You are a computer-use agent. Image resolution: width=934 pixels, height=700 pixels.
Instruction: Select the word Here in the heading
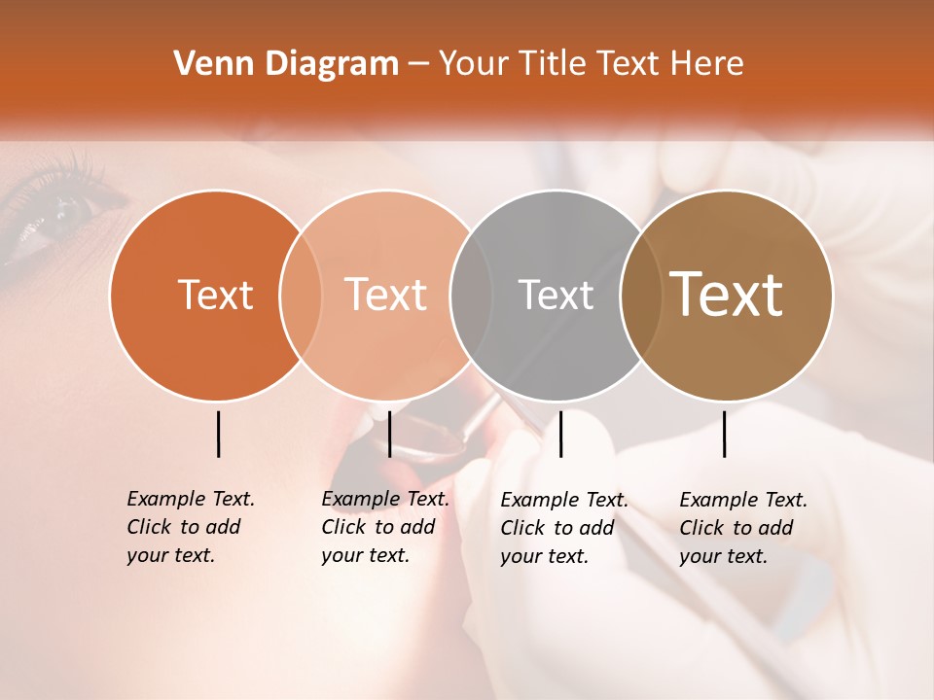(x=707, y=64)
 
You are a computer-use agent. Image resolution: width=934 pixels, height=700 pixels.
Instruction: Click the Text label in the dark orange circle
(x=215, y=295)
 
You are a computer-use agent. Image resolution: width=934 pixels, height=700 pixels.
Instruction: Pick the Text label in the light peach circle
(x=386, y=295)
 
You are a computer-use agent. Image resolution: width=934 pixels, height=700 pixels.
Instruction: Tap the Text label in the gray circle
(x=556, y=295)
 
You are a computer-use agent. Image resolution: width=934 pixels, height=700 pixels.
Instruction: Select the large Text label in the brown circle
(x=727, y=295)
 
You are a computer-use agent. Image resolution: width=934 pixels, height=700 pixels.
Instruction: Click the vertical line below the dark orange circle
(x=219, y=434)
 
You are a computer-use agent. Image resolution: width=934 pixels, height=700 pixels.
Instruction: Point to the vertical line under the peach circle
(x=389, y=434)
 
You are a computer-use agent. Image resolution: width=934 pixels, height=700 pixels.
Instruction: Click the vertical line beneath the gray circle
(x=561, y=434)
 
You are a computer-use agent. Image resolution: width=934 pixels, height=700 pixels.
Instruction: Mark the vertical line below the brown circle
(x=725, y=434)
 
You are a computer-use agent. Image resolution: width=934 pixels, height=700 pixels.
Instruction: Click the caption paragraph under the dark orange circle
(x=190, y=527)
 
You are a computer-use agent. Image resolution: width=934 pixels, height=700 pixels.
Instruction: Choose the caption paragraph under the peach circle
(x=384, y=527)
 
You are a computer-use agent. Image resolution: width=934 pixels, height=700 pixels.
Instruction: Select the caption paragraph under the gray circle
(x=563, y=528)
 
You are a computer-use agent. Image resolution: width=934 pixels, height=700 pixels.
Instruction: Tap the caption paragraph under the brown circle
(x=742, y=528)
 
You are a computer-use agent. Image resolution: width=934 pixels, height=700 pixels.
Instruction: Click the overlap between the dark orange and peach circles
(x=301, y=295)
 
